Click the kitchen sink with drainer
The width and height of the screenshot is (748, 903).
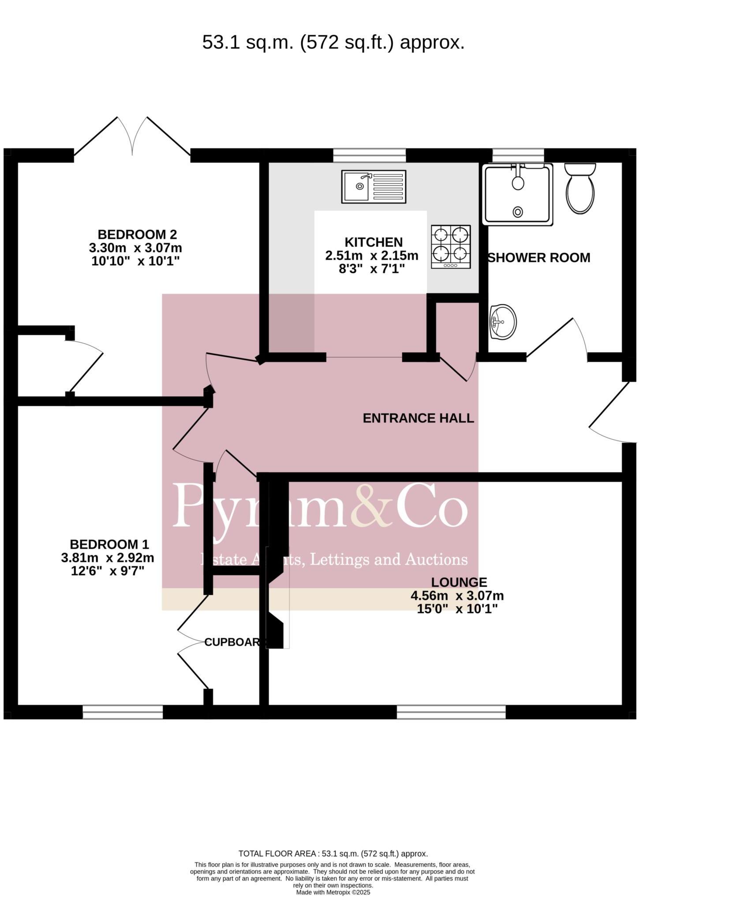pyautogui.click(x=374, y=187)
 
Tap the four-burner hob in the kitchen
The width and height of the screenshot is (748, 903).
pyautogui.click(x=451, y=246)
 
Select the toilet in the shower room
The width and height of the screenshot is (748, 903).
pyautogui.click(x=580, y=189)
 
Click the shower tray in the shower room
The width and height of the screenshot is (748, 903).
pyautogui.click(x=517, y=194)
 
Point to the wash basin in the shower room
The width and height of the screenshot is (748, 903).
pyautogui.click(x=503, y=322)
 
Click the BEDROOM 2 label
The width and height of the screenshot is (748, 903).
pyautogui.click(x=137, y=234)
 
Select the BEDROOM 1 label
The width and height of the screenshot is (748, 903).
pyautogui.click(x=109, y=544)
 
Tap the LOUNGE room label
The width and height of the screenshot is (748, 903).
pyautogui.click(x=459, y=582)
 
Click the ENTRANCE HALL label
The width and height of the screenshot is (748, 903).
pyautogui.click(x=418, y=418)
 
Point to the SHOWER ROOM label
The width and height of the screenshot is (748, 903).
pyautogui.click(x=539, y=257)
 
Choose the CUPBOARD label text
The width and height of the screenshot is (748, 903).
pyautogui.click(x=232, y=642)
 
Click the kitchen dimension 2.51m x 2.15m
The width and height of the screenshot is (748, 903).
pyautogui.click(x=372, y=255)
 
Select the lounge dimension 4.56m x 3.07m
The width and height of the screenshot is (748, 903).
pyautogui.click(x=457, y=596)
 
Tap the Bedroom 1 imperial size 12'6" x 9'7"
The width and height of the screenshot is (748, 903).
pyautogui.click(x=108, y=571)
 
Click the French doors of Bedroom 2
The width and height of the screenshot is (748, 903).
pyautogui.click(x=132, y=137)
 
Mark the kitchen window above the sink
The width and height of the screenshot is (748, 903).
pyautogui.click(x=369, y=155)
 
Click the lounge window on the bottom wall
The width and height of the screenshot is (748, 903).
pyautogui.click(x=451, y=712)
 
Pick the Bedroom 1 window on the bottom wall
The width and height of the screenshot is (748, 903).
pyautogui.click(x=123, y=712)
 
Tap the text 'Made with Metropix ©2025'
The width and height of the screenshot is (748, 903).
pyautogui.click(x=333, y=892)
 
